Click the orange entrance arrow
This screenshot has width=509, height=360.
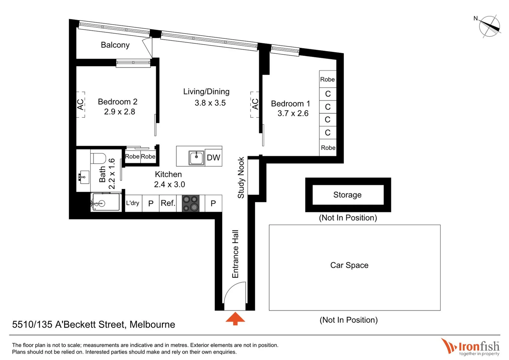235,319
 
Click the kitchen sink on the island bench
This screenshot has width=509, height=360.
196,158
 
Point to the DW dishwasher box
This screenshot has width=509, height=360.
213,158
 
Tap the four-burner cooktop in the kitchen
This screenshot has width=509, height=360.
191,203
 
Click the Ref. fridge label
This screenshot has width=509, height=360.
168,203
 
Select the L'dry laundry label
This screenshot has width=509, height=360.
133,203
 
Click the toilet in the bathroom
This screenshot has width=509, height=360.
99,158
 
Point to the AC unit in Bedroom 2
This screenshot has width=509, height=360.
81,105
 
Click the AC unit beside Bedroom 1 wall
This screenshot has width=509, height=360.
255,104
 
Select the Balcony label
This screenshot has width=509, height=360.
115,45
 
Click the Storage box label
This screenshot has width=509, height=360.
347,195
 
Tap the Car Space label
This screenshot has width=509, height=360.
349,265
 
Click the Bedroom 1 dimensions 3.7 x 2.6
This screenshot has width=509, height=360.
293,114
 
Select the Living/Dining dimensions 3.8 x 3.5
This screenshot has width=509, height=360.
210,103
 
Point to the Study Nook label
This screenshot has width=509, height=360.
241,178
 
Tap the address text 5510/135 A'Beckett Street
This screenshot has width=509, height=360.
93,324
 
